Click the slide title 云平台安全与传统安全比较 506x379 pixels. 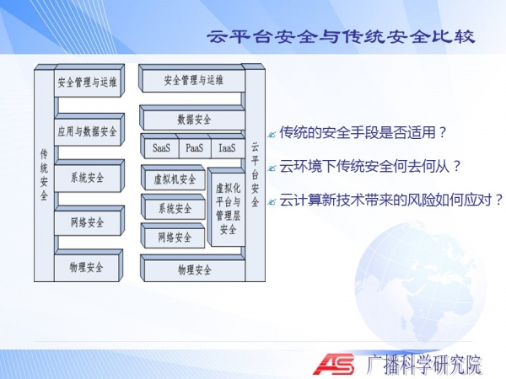341,36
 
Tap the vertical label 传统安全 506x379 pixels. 44,174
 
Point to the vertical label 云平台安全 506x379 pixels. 255,174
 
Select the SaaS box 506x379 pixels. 161,148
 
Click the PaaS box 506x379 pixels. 195,148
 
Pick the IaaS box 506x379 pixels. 227,148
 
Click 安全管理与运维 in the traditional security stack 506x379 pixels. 88,81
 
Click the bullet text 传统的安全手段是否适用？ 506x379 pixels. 363,132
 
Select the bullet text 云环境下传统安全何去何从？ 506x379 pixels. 370,167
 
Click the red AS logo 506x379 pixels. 334,364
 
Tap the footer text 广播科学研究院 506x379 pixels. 424,365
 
